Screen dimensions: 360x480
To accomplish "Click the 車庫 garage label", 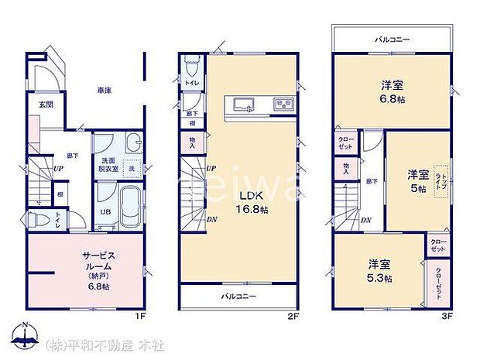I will pyautogui.click(x=105, y=91).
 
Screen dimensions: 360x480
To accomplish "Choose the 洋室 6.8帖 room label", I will pyautogui.click(x=392, y=91).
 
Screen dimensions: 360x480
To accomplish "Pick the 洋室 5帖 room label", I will pyautogui.click(x=418, y=180).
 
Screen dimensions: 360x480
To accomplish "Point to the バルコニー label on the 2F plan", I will pyautogui.click(x=238, y=296).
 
